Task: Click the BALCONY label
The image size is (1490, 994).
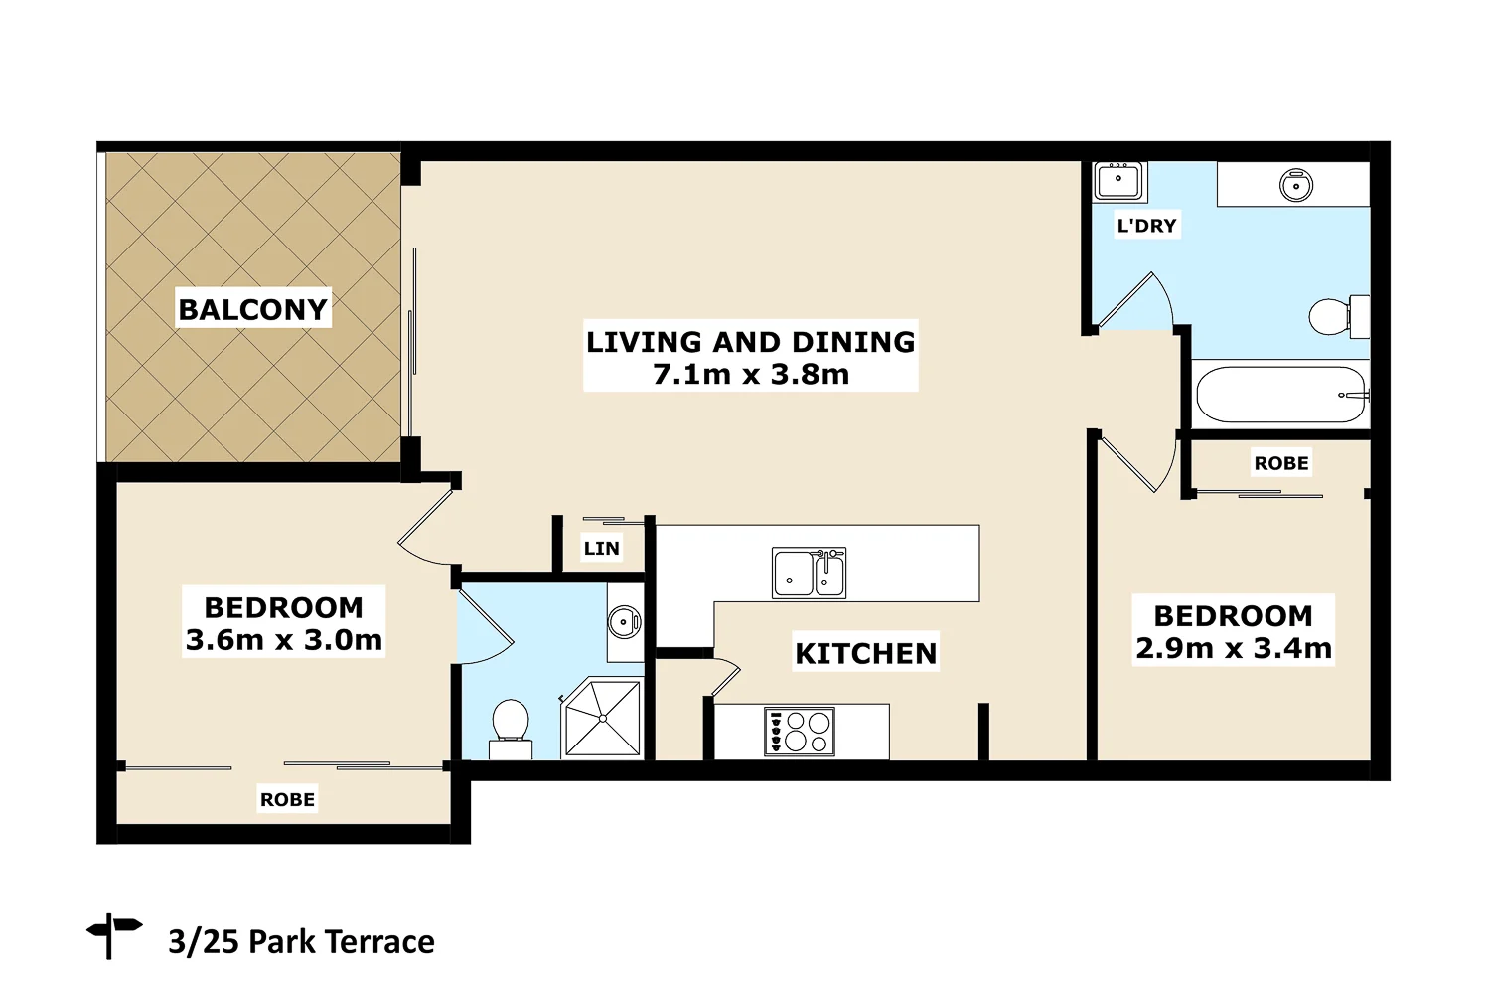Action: [252, 309]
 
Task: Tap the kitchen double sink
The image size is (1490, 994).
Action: [810, 574]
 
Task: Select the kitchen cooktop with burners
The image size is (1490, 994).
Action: [800, 732]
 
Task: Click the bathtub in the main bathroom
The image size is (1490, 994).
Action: [1280, 395]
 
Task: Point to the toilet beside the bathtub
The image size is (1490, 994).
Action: [1336, 316]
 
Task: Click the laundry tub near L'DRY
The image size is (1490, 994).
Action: [1118, 182]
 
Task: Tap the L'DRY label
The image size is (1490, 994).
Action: [1146, 226]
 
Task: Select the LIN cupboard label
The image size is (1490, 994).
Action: [601, 548]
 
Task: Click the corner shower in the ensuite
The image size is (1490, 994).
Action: [603, 718]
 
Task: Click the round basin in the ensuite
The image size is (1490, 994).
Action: [624, 623]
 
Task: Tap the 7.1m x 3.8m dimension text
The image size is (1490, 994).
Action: [751, 375]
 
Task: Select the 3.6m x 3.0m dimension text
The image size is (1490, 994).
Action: [284, 640]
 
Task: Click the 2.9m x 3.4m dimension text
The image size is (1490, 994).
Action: [1233, 649]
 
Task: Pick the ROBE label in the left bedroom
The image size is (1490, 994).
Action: [287, 799]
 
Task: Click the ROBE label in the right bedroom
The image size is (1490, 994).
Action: [1280, 463]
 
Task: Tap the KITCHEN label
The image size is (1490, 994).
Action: [865, 653]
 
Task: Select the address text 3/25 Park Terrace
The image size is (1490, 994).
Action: [301, 941]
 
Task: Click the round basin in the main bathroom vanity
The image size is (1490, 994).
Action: [1295, 185]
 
